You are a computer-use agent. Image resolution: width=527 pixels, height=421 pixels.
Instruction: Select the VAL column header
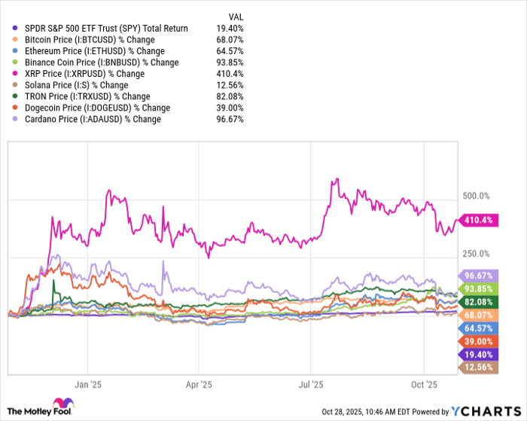(x=235, y=16)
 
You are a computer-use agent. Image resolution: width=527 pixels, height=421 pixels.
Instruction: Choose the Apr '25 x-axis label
(x=199, y=383)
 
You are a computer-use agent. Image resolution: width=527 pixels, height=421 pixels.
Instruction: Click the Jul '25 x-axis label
(x=311, y=383)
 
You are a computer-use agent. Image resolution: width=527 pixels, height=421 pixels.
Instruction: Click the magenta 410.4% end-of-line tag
(x=477, y=220)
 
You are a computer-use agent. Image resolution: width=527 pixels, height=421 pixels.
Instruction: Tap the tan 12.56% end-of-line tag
(x=477, y=367)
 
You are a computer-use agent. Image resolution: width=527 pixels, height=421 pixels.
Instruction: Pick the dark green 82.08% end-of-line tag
(x=477, y=301)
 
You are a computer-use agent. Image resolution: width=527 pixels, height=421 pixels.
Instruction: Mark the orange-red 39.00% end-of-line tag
(x=477, y=341)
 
